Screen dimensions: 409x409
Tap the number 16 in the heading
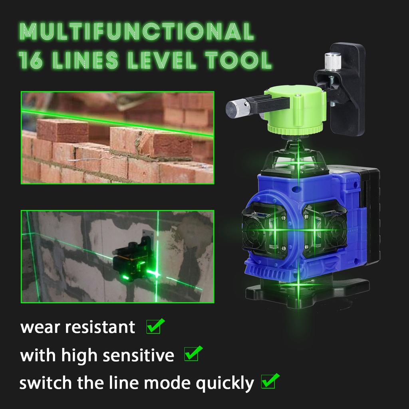tap(32, 60)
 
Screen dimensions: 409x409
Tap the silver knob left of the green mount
tap(236, 108)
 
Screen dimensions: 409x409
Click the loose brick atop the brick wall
tap(63, 129)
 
